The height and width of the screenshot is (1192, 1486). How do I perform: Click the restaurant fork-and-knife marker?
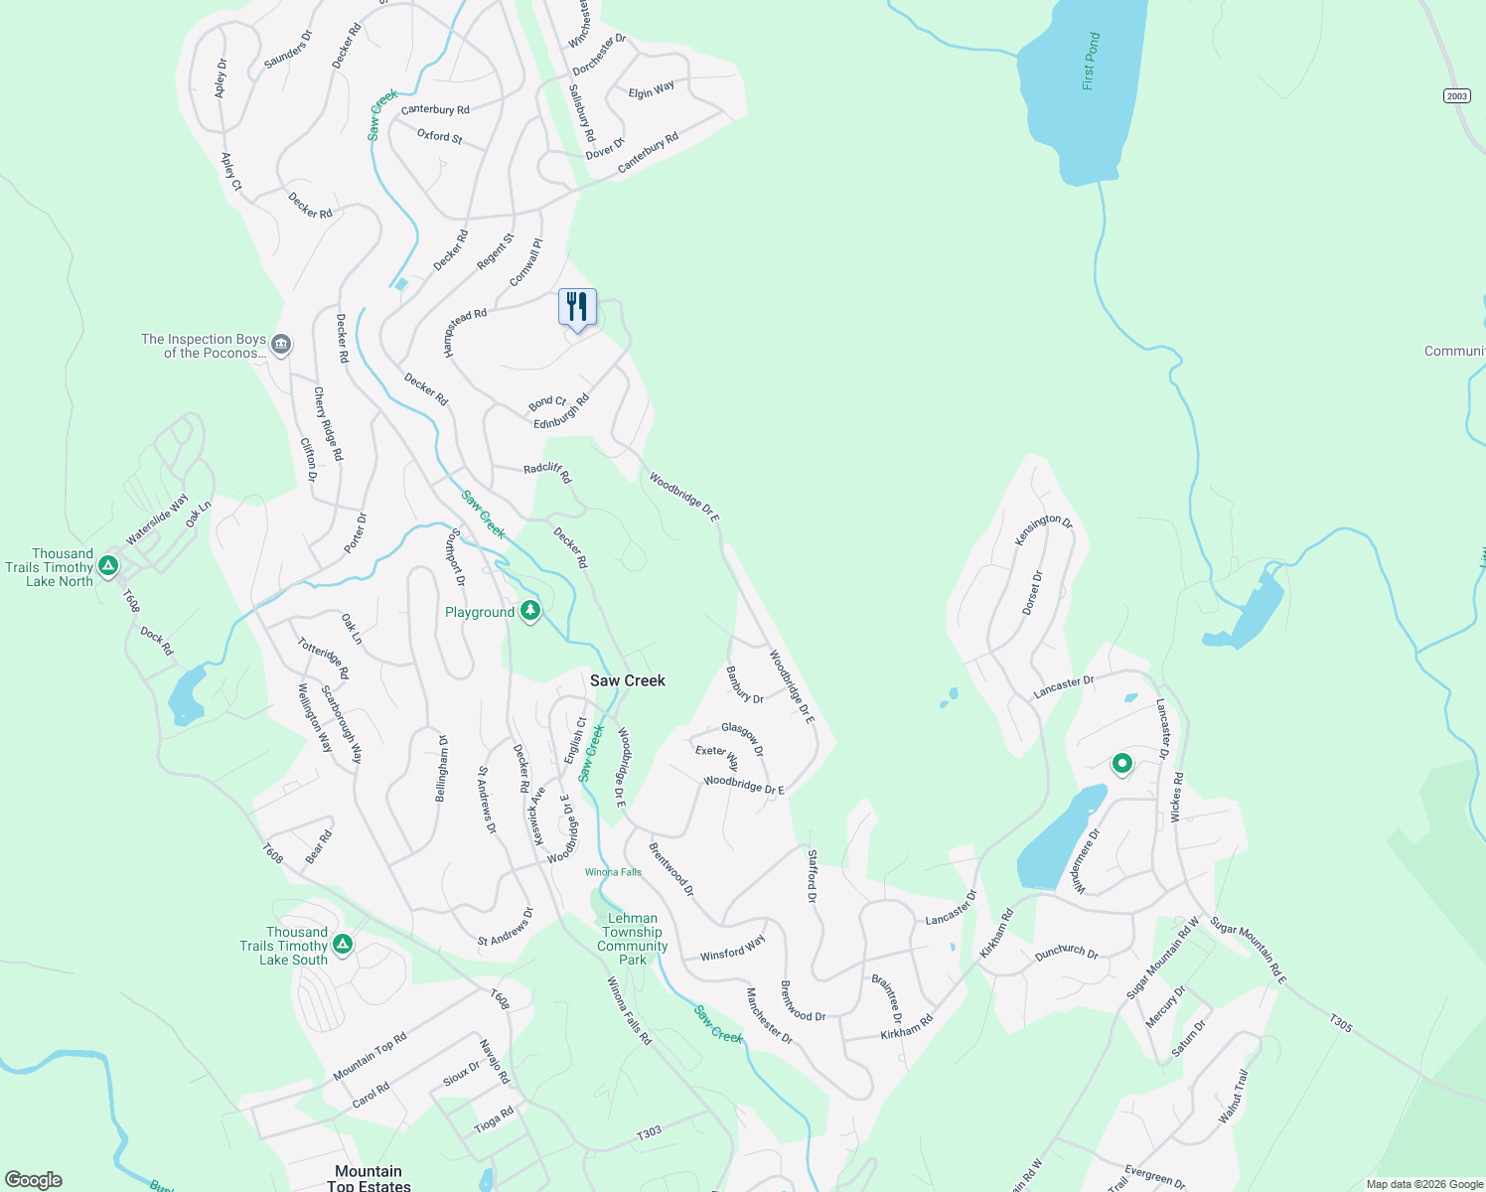[x=577, y=307]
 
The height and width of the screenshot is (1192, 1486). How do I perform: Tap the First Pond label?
[x=1092, y=62]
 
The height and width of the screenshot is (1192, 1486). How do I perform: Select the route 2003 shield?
[x=1456, y=95]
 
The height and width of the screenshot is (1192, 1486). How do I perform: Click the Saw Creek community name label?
[x=627, y=680]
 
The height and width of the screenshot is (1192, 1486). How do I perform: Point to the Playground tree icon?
[x=530, y=611]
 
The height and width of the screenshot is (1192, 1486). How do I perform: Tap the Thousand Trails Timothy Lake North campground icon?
[x=109, y=566]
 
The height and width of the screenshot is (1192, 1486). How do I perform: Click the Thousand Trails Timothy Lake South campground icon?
[x=343, y=944]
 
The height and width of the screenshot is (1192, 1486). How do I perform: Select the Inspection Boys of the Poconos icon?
[x=281, y=345]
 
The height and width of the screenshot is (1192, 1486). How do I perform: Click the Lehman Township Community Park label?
[x=632, y=939]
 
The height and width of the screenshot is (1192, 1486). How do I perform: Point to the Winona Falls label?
[x=613, y=872]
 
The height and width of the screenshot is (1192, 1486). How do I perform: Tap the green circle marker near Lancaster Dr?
[x=1121, y=763]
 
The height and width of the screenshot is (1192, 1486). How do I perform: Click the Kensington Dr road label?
[x=1043, y=529]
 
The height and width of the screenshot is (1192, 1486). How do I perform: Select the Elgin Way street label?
[x=652, y=90]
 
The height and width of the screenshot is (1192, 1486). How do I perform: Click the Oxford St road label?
[x=439, y=136]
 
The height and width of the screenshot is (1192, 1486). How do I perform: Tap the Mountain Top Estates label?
[x=369, y=1178]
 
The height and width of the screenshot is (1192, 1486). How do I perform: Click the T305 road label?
[x=1341, y=1022]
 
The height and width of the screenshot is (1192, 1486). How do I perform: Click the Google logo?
[x=33, y=1180]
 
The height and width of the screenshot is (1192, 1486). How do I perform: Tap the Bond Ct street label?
[x=547, y=403]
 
